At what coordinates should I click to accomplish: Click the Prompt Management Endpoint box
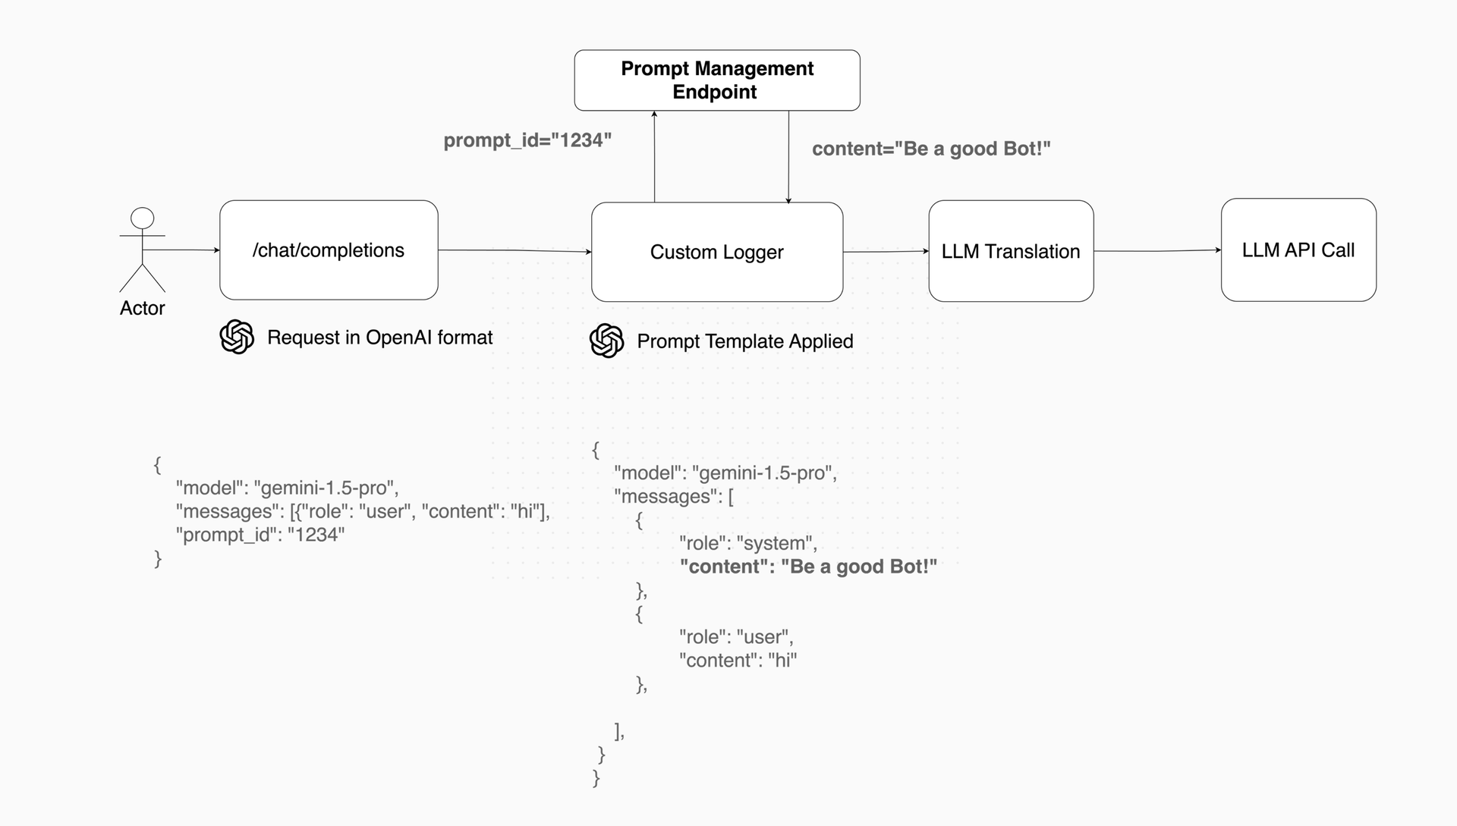(x=716, y=80)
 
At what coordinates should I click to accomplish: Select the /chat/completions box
(x=329, y=250)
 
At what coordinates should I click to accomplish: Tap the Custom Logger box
(x=716, y=252)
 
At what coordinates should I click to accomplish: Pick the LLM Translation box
(x=1010, y=251)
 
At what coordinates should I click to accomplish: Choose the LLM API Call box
(x=1298, y=250)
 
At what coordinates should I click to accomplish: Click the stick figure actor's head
(x=142, y=218)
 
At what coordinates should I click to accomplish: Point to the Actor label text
(x=142, y=308)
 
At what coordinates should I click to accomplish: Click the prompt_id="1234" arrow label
(x=527, y=140)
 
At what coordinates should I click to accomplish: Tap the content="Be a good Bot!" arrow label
(x=931, y=149)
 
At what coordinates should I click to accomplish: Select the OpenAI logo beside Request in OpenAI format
(x=237, y=337)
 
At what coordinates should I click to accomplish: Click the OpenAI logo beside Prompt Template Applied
(x=606, y=341)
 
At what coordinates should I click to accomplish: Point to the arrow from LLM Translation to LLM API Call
(x=1157, y=250)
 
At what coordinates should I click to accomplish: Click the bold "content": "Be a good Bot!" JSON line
(x=808, y=567)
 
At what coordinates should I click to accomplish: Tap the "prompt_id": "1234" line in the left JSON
(x=260, y=535)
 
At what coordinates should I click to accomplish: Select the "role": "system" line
(x=747, y=543)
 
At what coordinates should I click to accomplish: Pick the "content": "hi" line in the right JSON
(x=738, y=660)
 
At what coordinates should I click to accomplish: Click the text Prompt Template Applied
(x=744, y=341)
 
